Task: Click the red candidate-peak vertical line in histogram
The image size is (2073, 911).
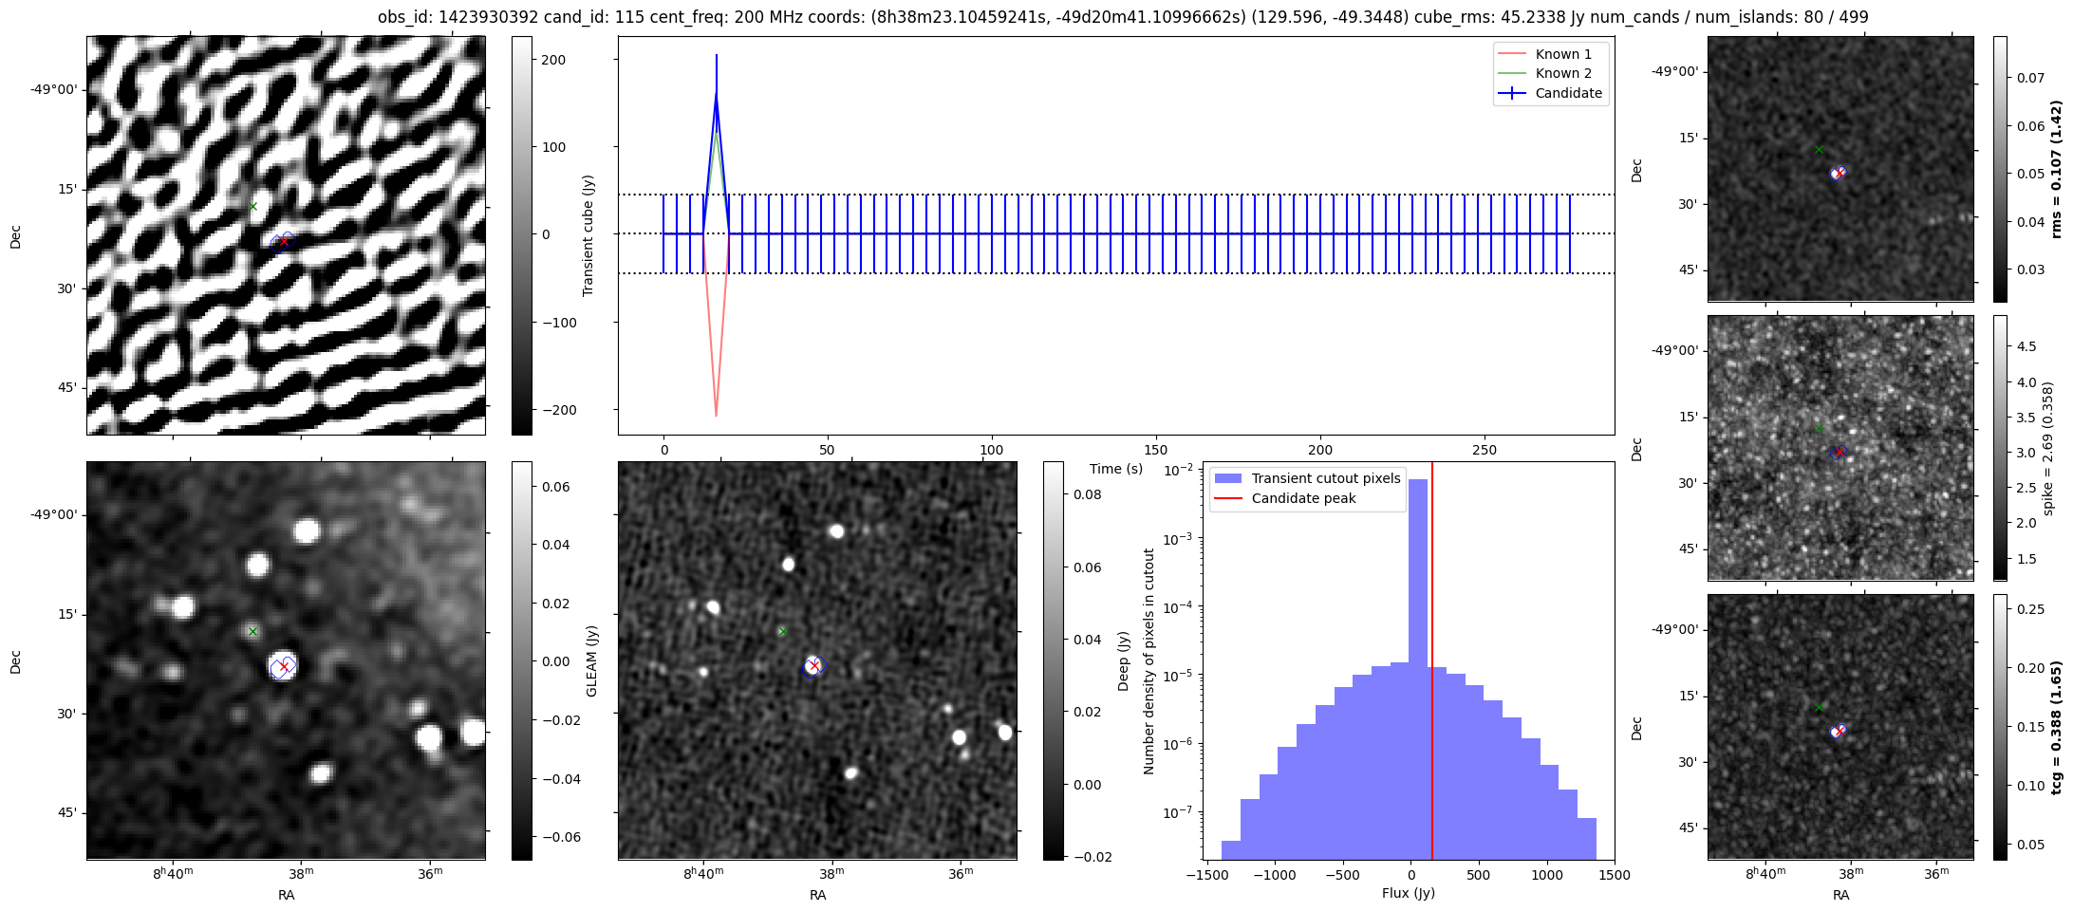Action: pos(1431,664)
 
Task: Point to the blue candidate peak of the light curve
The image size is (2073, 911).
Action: pos(717,93)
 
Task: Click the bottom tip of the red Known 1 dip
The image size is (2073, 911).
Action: pos(717,416)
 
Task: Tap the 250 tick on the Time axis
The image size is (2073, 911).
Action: pos(1484,450)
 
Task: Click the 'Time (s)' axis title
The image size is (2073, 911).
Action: pos(1116,469)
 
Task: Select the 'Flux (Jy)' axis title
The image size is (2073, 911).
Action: pos(1409,893)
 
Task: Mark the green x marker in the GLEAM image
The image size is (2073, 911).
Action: pos(252,631)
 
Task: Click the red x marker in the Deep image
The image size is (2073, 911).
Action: pos(814,666)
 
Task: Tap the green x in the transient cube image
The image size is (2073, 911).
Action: pos(252,206)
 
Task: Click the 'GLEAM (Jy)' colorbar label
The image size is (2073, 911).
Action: pos(591,660)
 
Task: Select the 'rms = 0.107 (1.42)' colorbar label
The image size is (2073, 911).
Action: pos(2057,169)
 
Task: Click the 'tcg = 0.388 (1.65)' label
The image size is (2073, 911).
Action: pos(2057,727)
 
